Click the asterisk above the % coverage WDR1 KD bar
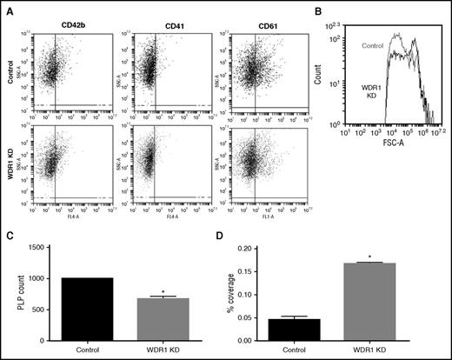(x=395, y=257)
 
